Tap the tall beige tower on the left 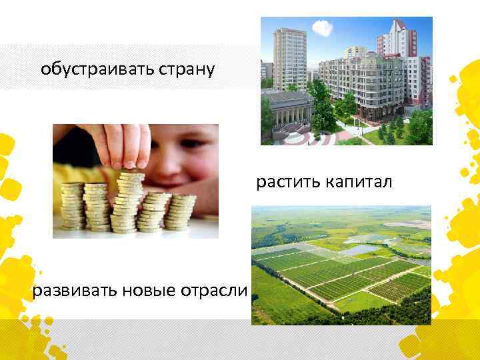(289, 53)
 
